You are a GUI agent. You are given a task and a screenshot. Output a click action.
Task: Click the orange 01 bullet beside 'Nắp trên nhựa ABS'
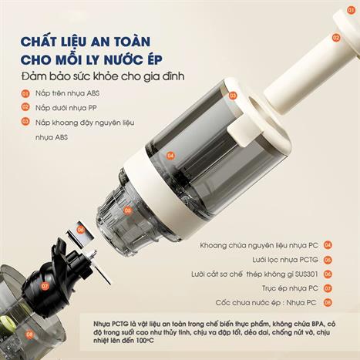tap(25, 93)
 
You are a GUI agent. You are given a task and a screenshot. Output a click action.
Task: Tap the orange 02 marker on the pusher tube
tap(336, 38)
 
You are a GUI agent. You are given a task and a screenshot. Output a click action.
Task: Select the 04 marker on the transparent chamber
tap(170, 156)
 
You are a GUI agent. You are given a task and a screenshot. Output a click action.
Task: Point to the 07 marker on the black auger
tap(45, 286)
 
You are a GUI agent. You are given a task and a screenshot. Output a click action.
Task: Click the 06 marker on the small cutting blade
tap(81, 230)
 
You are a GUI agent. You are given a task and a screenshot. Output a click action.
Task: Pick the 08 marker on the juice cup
tap(30, 335)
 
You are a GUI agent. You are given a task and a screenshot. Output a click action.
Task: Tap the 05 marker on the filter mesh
tap(127, 210)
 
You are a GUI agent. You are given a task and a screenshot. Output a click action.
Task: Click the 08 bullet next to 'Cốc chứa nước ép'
tap(328, 302)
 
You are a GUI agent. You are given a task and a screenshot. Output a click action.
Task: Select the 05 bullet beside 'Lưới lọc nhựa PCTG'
tap(328, 260)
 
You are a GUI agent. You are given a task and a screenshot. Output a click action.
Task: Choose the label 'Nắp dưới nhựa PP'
tap(66, 108)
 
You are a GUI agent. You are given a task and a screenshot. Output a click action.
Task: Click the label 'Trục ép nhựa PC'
tap(290, 288)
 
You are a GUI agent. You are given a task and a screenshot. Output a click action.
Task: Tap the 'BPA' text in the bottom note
tap(318, 323)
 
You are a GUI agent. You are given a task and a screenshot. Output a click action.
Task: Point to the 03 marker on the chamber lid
tap(233, 96)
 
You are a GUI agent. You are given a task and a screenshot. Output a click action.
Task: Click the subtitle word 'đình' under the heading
tap(176, 76)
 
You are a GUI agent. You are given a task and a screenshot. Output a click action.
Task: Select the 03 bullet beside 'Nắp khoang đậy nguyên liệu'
tap(25, 122)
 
